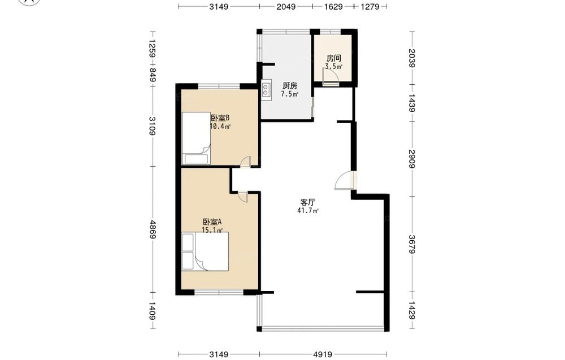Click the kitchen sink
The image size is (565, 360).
tap(266, 90)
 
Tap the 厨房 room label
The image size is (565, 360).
tap(290, 86)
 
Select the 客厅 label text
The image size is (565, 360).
tap(308, 202)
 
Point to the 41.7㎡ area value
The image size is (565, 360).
tap(308, 211)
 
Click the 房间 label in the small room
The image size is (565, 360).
tap(334, 58)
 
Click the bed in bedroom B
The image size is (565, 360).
tap(196, 138)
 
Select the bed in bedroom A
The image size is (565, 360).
tap(205, 251)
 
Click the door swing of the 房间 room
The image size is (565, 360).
tap(331, 76)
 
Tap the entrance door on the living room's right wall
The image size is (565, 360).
tap(345, 180)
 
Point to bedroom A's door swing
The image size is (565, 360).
tap(242, 197)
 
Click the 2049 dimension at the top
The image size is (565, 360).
tap(286, 6)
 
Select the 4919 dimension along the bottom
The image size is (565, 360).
tap(323, 354)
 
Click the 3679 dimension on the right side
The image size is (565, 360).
tap(412, 244)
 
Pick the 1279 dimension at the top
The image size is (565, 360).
tap(370, 6)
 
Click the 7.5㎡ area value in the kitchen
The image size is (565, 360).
tap(290, 94)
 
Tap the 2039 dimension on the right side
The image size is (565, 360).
tap(412, 58)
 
